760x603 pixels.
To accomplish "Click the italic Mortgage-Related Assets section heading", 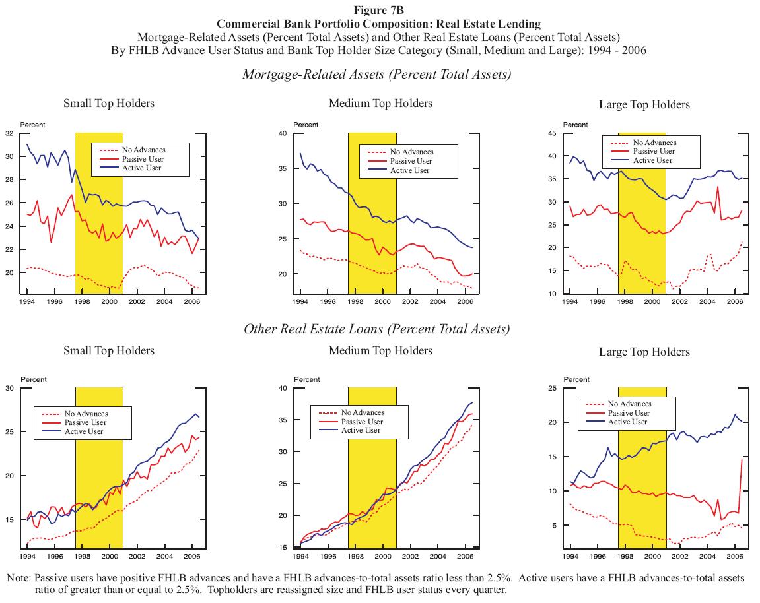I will [x=376, y=74].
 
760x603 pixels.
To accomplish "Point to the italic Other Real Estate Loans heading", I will [x=376, y=329].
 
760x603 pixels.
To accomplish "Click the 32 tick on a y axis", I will [x=10, y=133].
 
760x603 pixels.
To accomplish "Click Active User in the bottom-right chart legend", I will [x=628, y=422].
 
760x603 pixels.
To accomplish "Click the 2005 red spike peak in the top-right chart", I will [x=718, y=187].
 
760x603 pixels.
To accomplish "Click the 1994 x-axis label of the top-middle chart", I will [x=300, y=301].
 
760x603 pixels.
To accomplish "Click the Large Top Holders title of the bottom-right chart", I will [x=644, y=352].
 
